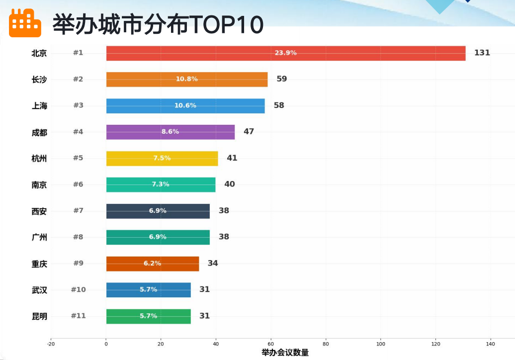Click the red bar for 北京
[x=286, y=53]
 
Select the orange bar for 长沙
[x=187, y=80]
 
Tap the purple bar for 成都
[x=171, y=132]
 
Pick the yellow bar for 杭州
[x=162, y=159]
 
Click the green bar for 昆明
[x=148, y=316]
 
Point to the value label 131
[x=482, y=53]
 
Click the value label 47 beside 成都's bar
[x=249, y=132]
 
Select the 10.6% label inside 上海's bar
[x=185, y=105]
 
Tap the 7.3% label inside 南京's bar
[x=160, y=184]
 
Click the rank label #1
[x=78, y=53]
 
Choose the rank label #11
[x=78, y=316]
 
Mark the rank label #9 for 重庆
[x=78, y=263]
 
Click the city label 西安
[x=39, y=211]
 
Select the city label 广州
[x=39, y=237]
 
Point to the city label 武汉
[x=39, y=290]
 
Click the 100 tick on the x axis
[x=381, y=344]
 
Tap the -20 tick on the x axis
[x=51, y=344]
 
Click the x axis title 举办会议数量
[x=285, y=353]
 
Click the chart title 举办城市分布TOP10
[x=158, y=24]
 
